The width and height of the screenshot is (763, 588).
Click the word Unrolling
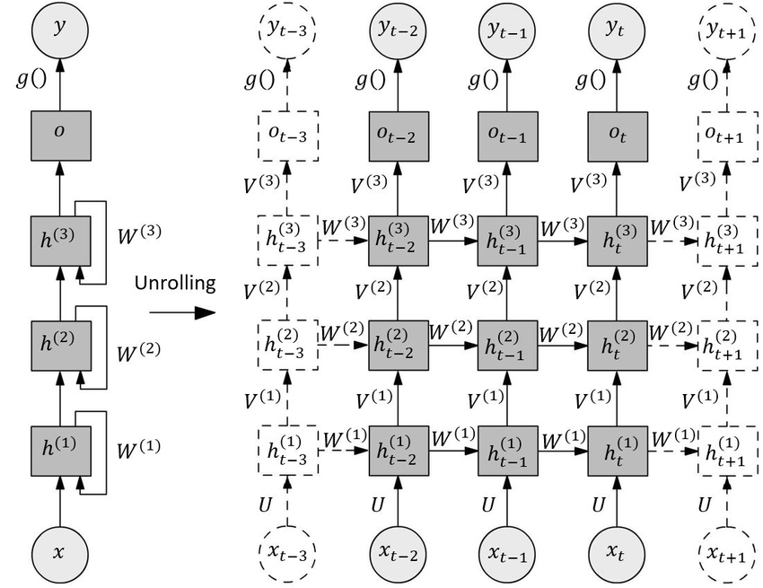tap(175, 284)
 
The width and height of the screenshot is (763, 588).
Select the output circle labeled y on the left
tap(60, 30)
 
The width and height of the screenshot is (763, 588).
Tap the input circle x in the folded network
tap(60, 552)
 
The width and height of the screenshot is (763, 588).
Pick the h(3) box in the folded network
tap(60, 240)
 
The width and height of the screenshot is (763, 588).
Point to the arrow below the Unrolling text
tap(181, 313)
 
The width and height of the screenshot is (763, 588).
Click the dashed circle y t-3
tap(286, 30)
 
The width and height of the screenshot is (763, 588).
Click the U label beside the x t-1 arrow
tap(488, 504)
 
